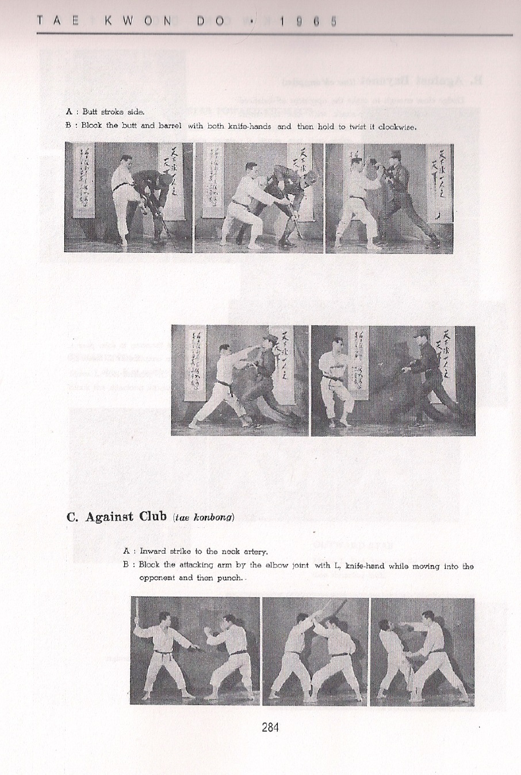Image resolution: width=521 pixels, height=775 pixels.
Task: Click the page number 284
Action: [x=270, y=727]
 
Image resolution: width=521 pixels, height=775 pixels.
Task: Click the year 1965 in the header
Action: [x=308, y=21]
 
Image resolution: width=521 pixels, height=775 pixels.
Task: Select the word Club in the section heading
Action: [x=152, y=516]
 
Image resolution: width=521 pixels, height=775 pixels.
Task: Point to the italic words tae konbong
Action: [x=204, y=517]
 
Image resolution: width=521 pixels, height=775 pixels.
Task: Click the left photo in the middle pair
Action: [x=240, y=380]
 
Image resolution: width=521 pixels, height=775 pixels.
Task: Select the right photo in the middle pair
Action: [x=393, y=380]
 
